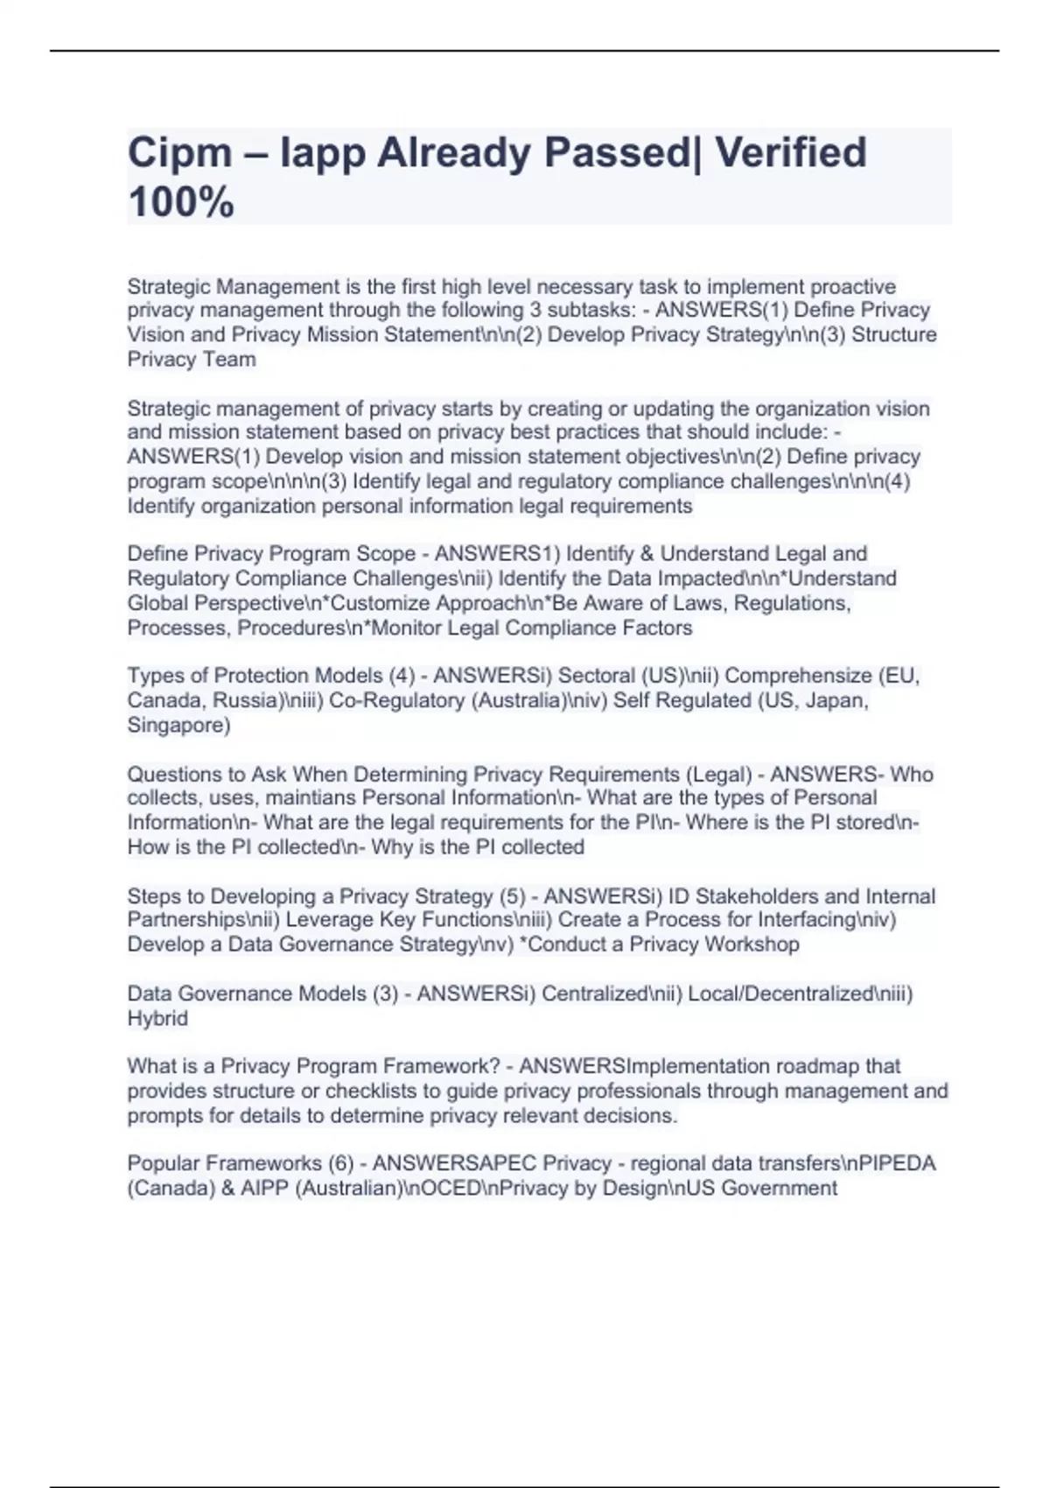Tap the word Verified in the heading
(790, 153)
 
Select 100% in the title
(181, 202)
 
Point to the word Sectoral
(597, 676)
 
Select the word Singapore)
(178, 725)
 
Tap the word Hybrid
(157, 1018)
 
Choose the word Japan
(842, 700)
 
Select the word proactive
(853, 286)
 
